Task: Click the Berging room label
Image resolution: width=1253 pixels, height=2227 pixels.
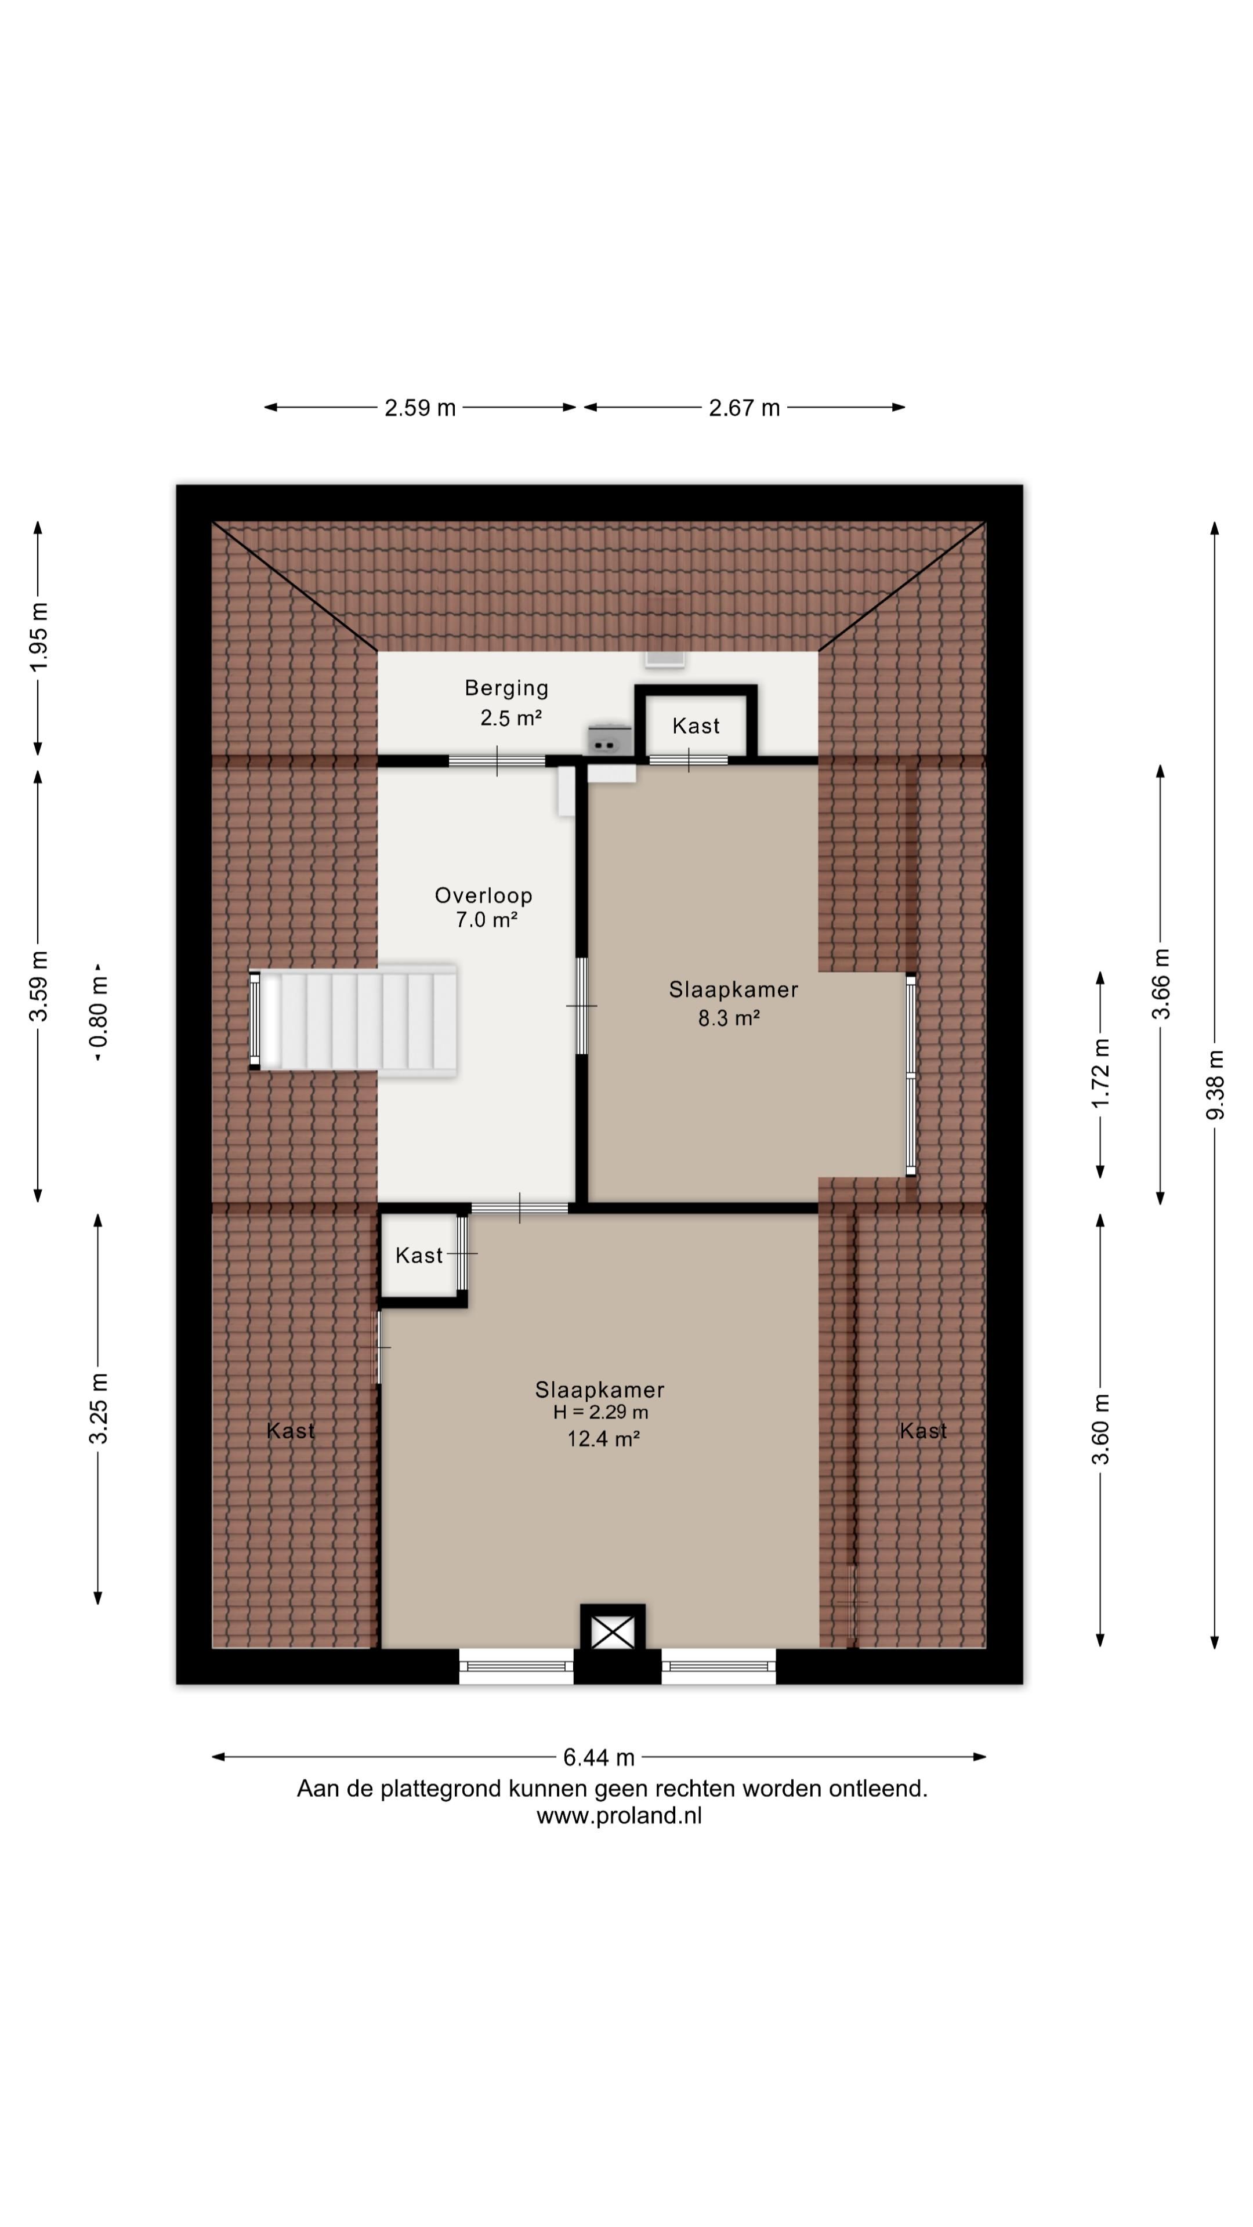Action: tap(507, 688)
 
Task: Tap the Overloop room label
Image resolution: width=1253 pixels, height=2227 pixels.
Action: tap(483, 895)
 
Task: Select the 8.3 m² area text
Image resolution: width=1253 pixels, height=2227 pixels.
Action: tap(729, 1018)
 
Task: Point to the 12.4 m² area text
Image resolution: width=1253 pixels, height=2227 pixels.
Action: tap(603, 1438)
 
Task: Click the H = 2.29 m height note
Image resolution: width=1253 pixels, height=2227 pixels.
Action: tap(601, 1413)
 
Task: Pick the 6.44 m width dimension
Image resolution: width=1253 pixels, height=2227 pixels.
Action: tap(599, 1758)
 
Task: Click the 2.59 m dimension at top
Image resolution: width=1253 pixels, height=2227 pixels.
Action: tap(420, 408)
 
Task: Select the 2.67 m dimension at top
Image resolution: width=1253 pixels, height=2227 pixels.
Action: tap(744, 408)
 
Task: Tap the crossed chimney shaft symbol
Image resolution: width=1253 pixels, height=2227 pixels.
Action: tap(612, 1632)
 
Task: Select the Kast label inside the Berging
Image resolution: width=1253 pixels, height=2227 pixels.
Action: tap(696, 726)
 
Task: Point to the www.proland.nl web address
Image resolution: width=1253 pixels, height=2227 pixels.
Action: tap(619, 1815)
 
